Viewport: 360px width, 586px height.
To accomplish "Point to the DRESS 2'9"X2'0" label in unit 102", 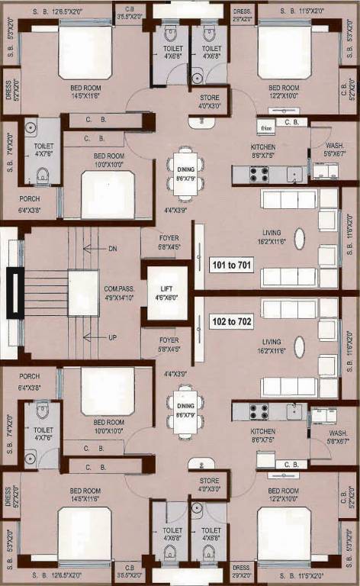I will [241, 572].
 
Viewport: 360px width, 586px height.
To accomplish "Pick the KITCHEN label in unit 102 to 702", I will [262, 433].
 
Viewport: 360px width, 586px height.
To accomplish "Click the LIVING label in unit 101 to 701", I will [271, 233].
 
